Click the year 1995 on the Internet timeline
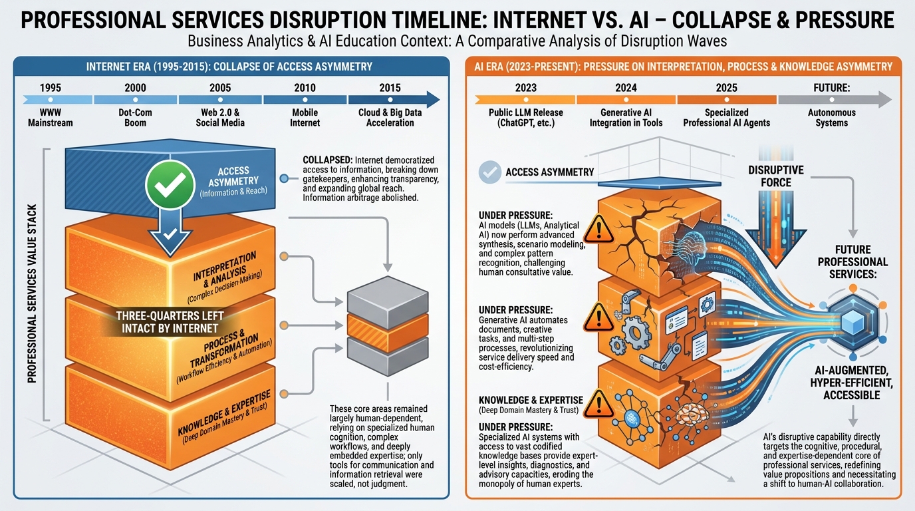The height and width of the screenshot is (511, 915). [51, 87]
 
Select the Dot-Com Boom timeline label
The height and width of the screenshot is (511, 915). [135, 118]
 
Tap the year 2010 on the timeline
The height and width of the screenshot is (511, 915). [305, 87]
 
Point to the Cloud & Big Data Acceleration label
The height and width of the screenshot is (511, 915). [390, 118]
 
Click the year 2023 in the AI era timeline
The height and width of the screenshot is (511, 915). [525, 87]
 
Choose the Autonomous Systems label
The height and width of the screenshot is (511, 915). [832, 118]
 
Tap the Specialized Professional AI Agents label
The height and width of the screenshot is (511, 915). [727, 118]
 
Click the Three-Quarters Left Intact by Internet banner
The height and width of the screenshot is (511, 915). [170, 321]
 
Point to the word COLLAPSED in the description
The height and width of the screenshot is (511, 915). [327, 160]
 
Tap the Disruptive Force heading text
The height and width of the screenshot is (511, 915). [775, 176]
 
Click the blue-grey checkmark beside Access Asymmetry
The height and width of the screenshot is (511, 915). [490, 172]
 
